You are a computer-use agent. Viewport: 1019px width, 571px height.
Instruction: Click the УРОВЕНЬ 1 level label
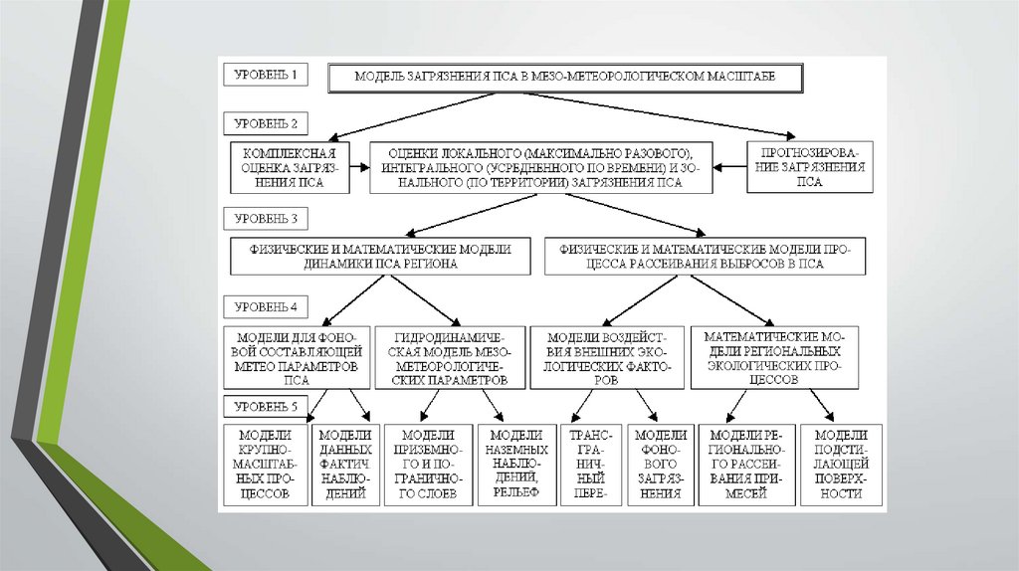click(x=266, y=75)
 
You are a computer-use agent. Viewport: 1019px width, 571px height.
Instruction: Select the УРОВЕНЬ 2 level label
click(x=266, y=123)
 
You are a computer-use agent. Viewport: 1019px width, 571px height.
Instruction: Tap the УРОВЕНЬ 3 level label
click(x=266, y=216)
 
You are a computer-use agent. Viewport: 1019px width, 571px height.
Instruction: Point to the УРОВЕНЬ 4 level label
click(x=266, y=305)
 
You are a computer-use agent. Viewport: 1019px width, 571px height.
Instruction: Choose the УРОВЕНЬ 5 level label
click(x=266, y=406)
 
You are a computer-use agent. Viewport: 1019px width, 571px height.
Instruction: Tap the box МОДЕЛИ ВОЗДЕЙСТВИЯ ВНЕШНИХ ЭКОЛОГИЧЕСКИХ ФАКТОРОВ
click(x=608, y=356)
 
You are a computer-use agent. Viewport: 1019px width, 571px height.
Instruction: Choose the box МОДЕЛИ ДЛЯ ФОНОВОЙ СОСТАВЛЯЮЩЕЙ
click(x=296, y=356)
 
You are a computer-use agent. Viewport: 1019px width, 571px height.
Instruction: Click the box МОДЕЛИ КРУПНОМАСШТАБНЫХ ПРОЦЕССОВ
click(x=266, y=465)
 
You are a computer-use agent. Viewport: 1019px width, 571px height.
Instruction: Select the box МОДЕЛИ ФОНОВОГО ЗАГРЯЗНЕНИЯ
click(x=661, y=465)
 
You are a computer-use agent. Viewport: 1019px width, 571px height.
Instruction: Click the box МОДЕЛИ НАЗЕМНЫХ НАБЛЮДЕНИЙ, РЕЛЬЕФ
click(x=514, y=465)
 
